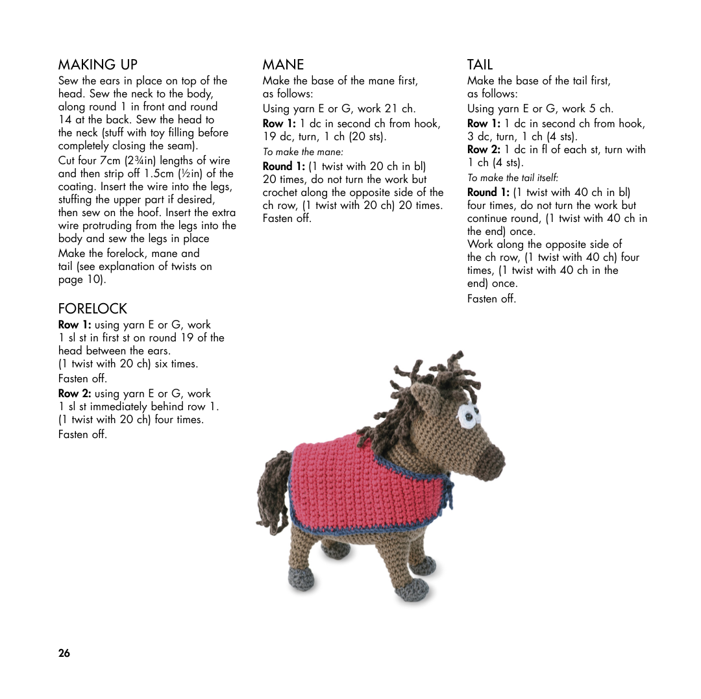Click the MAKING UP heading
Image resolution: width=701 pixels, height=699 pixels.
(98, 64)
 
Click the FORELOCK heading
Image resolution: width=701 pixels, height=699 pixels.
(93, 308)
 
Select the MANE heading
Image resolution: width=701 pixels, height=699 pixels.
(283, 64)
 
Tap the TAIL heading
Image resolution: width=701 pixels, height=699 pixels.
(480, 64)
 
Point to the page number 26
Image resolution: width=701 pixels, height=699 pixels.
(64, 653)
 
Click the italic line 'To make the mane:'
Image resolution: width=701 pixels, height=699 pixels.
(302, 152)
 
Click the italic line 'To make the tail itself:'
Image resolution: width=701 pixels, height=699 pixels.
(512, 178)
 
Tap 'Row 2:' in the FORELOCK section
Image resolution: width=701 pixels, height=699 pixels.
(75, 393)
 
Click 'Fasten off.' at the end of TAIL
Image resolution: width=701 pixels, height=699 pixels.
(491, 299)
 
